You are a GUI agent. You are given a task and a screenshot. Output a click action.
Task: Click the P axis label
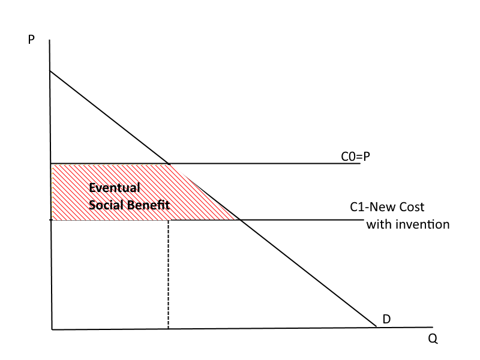31,40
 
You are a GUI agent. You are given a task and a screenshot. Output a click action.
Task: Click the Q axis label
433,338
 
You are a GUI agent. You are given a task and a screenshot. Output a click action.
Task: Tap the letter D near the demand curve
387,319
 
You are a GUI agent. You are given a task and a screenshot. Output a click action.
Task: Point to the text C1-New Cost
387,207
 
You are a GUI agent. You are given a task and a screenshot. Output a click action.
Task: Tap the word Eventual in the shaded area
115,188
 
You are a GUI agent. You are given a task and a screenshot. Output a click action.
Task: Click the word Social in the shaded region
104,204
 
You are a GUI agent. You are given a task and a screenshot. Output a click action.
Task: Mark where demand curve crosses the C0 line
170,163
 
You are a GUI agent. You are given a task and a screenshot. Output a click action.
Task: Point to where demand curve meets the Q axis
376,327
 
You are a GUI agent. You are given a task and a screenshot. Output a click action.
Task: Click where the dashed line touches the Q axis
169,328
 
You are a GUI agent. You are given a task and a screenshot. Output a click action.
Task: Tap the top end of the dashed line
169,221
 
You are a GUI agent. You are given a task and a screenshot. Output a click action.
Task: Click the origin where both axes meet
52,329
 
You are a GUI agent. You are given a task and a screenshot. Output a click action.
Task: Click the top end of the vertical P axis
50,40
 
